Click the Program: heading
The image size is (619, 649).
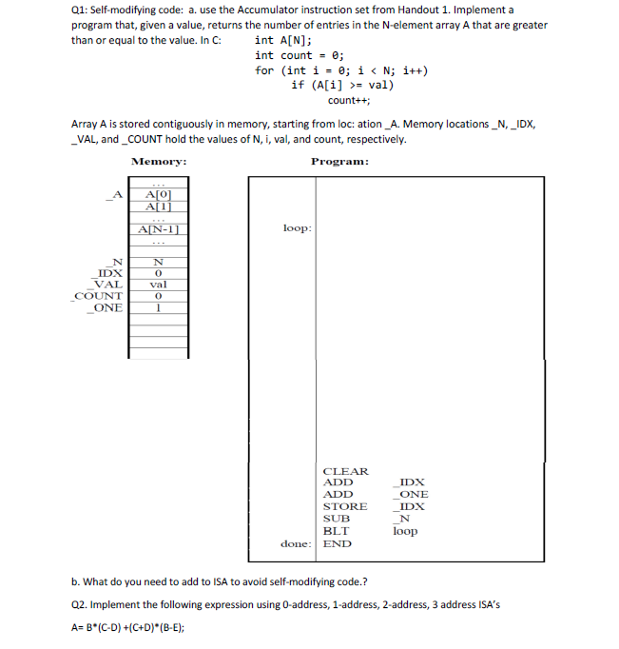[x=339, y=161]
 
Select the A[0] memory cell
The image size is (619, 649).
[x=158, y=195]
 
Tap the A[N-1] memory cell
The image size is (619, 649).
[x=158, y=228]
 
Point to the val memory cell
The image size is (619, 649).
[x=158, y=284]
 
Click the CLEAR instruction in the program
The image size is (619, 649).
[x=345, y=471]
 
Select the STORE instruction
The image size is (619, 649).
[x=344, y=507]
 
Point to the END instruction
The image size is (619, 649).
[x=337, y=544]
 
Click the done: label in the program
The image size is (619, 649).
[x=297, y=544]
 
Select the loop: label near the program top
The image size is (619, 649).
[x=298, y=228]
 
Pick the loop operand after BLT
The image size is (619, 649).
[x=405, y=532]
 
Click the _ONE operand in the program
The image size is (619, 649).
[x=411, y=495]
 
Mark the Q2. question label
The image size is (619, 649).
[x=84, y=604]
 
